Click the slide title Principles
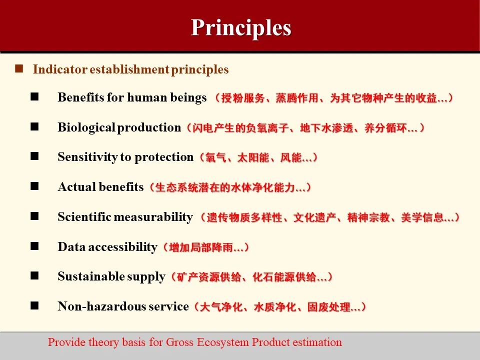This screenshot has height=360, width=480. pyautogui.click(x=240, y=27)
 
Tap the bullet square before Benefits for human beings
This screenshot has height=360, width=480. pyautogui.click(x=34, y=97)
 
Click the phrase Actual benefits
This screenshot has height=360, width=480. pyautogui.click(x=100, y=187)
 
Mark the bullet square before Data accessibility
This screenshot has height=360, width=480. pyautogui.click(x=34, y=246)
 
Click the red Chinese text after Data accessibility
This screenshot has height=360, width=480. pyautogui.click(x=203, y=247)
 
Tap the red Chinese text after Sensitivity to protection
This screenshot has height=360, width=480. pyautogui.click(x=256, y=157)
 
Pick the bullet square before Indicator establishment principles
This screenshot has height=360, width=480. pyautogui.click(x=19, y=69)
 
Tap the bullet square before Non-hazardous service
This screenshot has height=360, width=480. pyautogui.click(x=34, y=306)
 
